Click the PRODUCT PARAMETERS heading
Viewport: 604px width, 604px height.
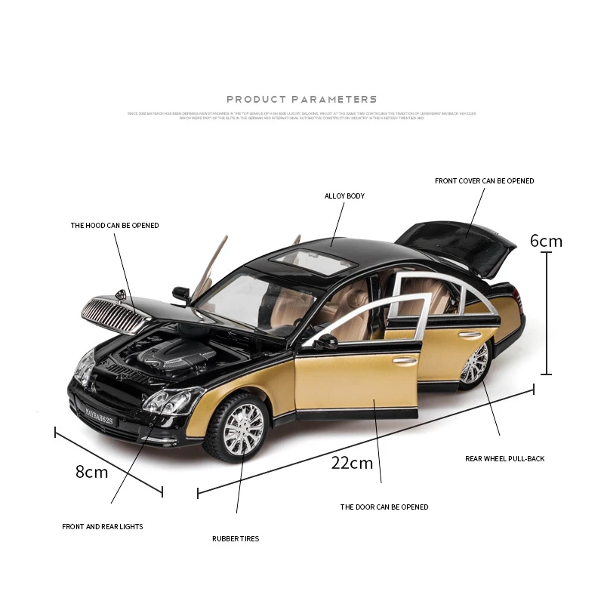[301, 99]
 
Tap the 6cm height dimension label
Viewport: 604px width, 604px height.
[546, 242]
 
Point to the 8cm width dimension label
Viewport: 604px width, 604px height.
[91, 473]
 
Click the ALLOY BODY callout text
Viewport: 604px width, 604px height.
[344, 196]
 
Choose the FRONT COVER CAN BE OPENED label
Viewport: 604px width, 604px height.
[484, 181]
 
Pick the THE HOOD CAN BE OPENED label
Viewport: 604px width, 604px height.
[115, 226]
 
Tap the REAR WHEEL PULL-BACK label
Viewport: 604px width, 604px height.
[504, 459]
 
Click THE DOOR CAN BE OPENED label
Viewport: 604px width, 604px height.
[384, 507]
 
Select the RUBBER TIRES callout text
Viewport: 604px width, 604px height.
[236, 539]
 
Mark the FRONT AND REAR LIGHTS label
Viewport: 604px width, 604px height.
[102, 527]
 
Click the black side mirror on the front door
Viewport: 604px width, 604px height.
[325, 341]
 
